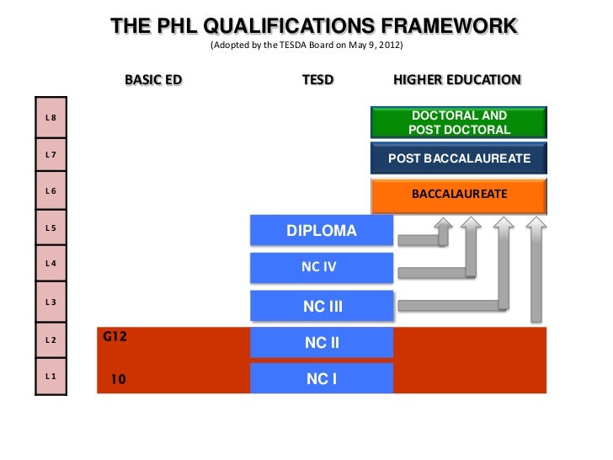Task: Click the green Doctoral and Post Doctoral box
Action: pyautogui.click(x=459, y=123)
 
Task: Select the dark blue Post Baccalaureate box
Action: pyautogui.click(x=459, y=158)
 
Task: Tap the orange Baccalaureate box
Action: pyautogui.click(x=459, y=194)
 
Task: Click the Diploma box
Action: pyautogui.click(x=322, y=231)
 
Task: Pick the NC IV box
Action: pyautogui.click(x=322, y=267)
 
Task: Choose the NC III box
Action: pyautogui.click(x=322, y=306)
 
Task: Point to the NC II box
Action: pyautogui.click(x=322, y=343)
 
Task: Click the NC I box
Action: pyautogui.click(x=322, y=379)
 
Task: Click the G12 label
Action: pyautogui.click(x=115, y=337)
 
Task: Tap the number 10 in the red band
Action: pyautogui.click(x=119, y=379)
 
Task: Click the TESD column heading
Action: pyautogui.click(x=318, y=80)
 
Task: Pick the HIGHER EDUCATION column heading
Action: pyautogui.click(x=457, y=80)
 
